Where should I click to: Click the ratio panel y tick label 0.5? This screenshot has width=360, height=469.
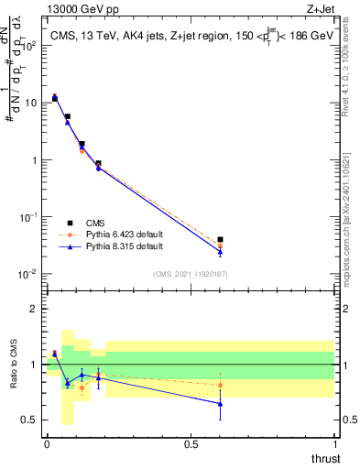point(30,420)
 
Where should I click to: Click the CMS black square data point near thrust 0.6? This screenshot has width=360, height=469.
point(220,240)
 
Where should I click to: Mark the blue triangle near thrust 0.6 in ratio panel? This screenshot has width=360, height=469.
point(220,403)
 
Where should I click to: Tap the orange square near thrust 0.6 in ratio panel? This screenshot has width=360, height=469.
point(220,385)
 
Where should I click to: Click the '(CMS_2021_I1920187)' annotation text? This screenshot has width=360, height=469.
point(191,274)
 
